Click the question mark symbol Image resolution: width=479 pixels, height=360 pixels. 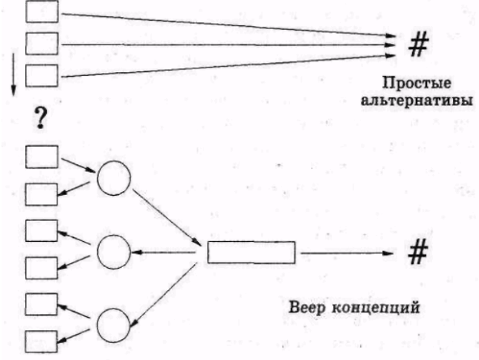click(41, 117)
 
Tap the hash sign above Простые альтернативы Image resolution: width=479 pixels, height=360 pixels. click(418, 45)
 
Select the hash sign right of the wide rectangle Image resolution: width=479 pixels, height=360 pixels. click(418, 252)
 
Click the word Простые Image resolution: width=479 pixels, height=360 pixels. click(417, 84)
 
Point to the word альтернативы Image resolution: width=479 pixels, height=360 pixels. click(417, 100)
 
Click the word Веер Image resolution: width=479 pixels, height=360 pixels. click(307, 307)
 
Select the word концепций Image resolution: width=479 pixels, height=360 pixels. click(375, 308)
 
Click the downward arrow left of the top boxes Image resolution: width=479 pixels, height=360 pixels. click(14, 74)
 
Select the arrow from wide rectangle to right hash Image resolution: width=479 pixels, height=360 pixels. click(347, 253)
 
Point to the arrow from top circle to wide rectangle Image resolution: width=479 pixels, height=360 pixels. click(167, 217)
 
